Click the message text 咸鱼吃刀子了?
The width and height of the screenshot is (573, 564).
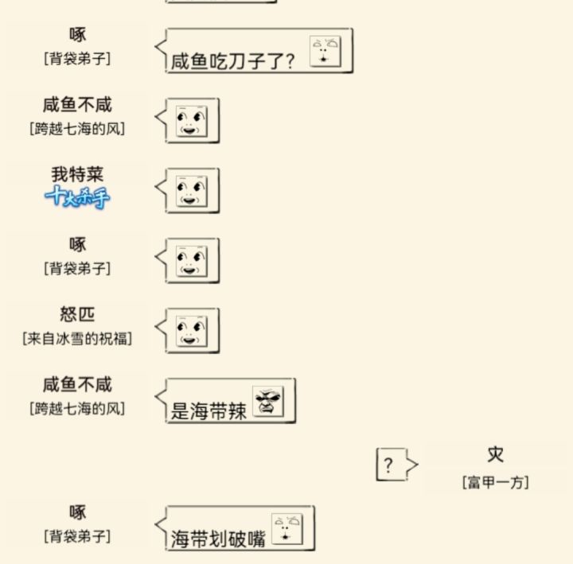point(232,60)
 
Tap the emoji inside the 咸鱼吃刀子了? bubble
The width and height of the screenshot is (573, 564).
point(325,51)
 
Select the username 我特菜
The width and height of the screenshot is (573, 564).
point(77,174)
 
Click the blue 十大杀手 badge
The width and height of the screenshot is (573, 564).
point(77,197)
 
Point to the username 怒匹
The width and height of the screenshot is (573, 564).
point(77,314)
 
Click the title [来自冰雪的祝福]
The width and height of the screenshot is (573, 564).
point(77,338)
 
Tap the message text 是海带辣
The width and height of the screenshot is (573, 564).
point(209,411)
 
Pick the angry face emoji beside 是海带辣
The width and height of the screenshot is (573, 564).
point(268,401)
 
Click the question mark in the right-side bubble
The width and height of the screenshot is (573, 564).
point(388,465)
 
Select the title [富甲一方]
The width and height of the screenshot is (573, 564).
point(496,482)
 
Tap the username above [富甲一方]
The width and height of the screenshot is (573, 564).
point(496,454)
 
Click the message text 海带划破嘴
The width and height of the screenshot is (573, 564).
point(218,539)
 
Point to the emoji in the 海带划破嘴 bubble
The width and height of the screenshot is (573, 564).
point(286,529)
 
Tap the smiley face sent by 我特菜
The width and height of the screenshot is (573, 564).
point(192,191)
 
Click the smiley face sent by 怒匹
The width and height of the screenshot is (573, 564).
point(192,331)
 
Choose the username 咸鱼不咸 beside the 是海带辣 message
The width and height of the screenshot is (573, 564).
point(77,384)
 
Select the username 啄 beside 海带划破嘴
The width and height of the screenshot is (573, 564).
point(77,512)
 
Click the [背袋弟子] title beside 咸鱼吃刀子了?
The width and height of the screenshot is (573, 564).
point(77,58)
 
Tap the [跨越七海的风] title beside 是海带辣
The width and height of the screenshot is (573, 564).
point(77,408)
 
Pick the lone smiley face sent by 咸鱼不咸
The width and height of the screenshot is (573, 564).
point(192,121)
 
